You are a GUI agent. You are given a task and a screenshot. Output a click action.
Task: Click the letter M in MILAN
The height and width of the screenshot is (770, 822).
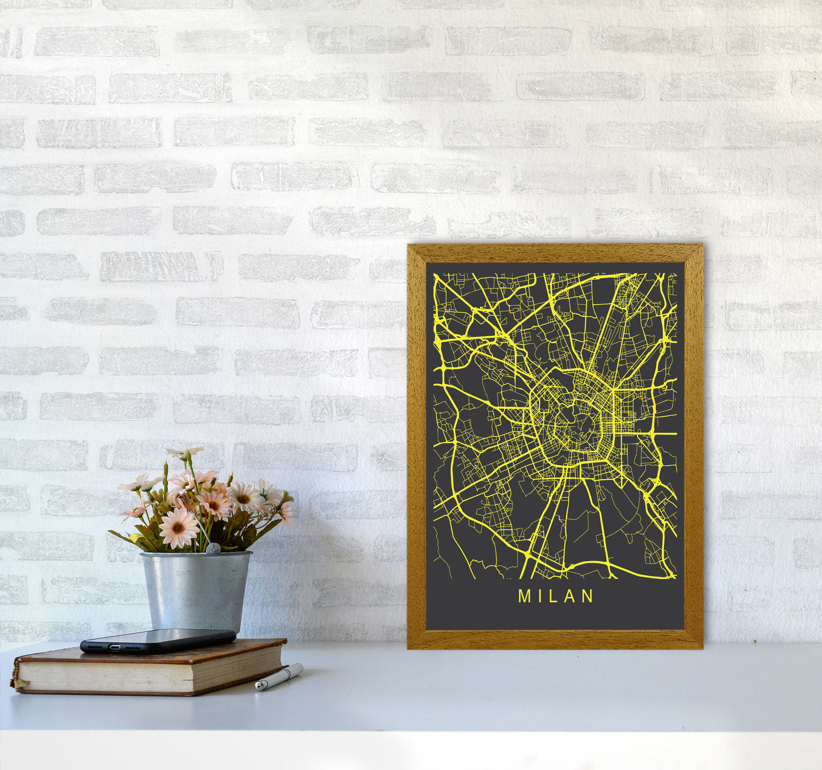click(x=523, y=596)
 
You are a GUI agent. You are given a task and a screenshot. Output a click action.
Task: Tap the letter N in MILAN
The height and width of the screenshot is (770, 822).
click(x=588, y=596)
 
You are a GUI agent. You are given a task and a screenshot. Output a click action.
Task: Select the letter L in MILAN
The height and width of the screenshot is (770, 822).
click(x=552, y=596)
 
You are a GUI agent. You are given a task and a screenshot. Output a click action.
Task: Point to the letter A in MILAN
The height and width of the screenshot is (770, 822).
click(x=569, y=596)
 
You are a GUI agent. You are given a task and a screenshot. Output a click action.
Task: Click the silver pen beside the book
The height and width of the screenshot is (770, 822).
click(x=279, y=677)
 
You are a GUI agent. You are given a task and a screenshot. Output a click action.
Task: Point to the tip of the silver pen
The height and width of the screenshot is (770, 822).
click(x=257, y=688)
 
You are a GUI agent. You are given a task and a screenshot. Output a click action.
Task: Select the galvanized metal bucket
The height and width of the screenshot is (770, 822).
click(x=196, y=591)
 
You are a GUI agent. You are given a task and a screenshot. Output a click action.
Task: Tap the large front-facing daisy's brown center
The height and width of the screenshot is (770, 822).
click(x=178, y=527)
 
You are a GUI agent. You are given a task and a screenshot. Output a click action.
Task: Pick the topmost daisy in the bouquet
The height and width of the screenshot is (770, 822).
click(x=185, y=453)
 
